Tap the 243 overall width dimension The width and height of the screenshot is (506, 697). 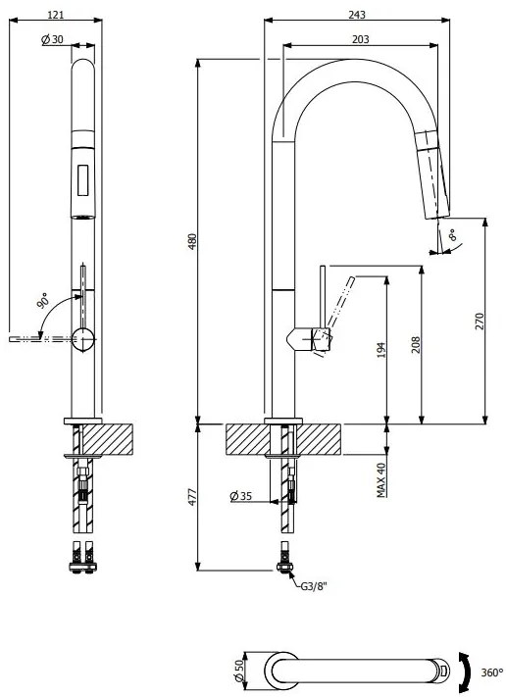click(x=357, y=15)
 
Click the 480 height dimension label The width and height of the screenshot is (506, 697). click(x=193, y=239)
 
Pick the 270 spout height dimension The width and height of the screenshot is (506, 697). click(x=480, y=321)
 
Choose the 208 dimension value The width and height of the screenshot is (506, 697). click(x=416, y=344)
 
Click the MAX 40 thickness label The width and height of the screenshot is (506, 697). click(x=381, y=479)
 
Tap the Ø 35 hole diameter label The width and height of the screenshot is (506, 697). click(x=241, y=497)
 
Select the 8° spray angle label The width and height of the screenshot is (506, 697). click(x=451, y=236)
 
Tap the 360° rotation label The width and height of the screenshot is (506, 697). click(x=491, y=672)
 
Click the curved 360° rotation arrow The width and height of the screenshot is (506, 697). click(x=469, y=672)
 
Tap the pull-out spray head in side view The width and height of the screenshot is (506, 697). click(x=432, y=173)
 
